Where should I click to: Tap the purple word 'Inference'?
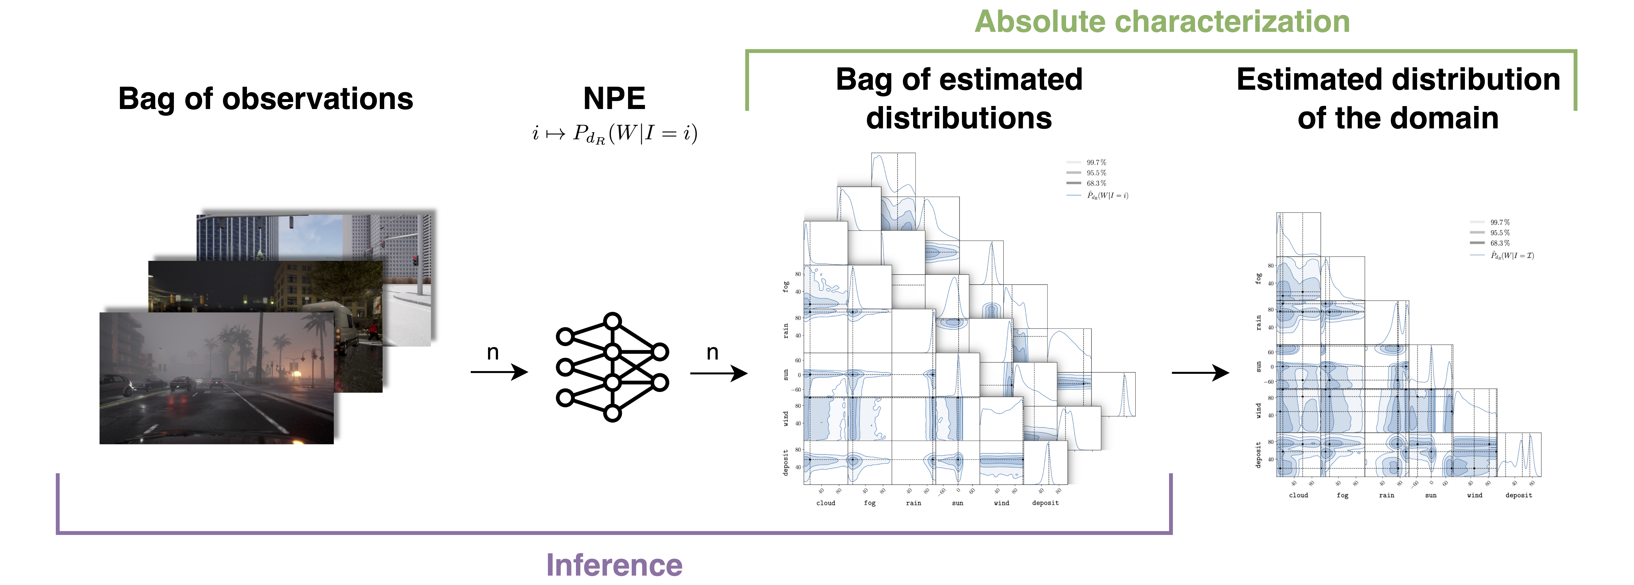614,565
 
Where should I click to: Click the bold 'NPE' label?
614,99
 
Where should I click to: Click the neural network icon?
612,367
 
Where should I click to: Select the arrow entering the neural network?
499,372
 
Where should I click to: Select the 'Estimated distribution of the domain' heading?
1398,99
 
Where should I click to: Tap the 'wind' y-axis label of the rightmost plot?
1259,411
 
